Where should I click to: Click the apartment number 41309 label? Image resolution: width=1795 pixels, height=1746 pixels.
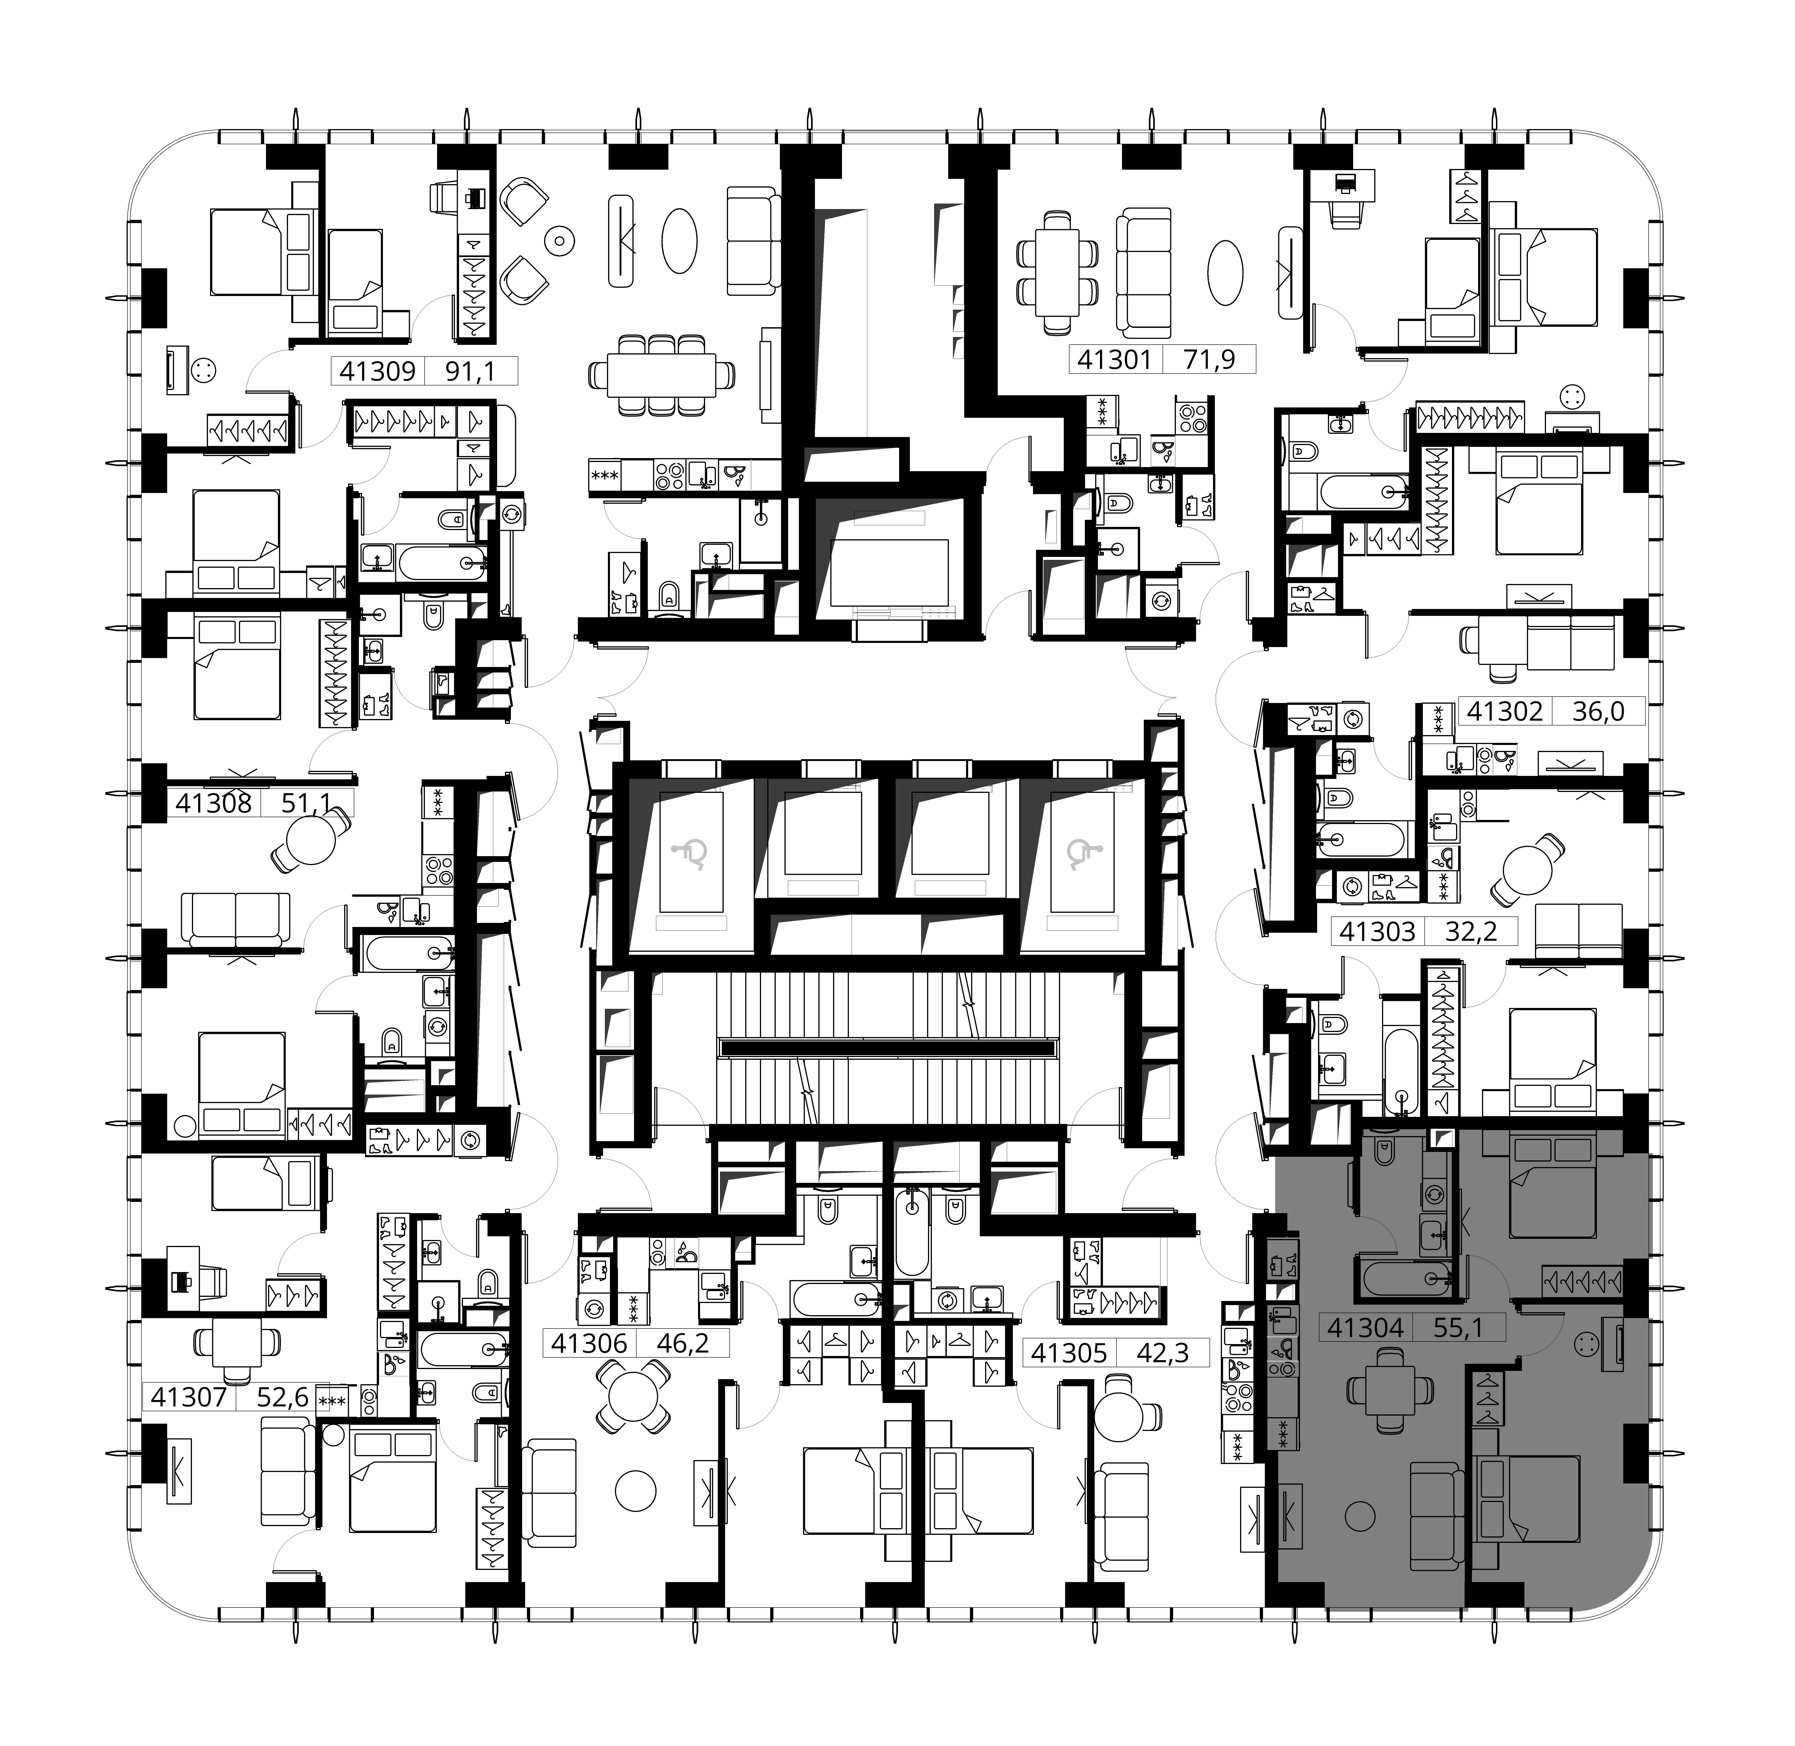[x=377, y=371]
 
